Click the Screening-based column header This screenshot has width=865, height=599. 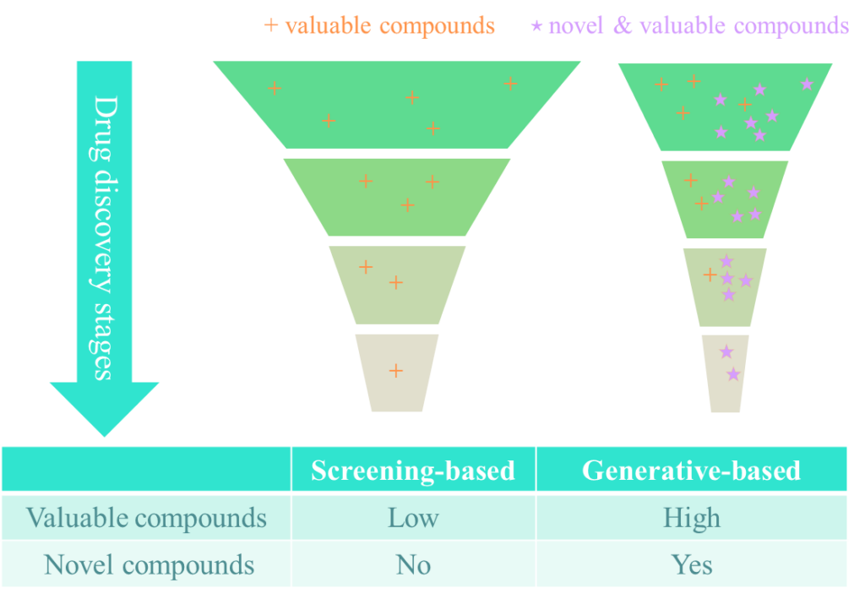pyautogui.click(x=413, y=470)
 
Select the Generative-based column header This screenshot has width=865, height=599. pyautogui.click(x=691, y=470)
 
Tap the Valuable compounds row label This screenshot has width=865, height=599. pyautogui.click(x=146, y=517)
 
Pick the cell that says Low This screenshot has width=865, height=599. pyautogui.click(x=413, y=517)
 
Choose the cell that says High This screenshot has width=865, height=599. pyautogui.click(x=691, y=517)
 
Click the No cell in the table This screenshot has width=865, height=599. pyautogui.click(x=413, y=564)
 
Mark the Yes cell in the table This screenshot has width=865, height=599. pyautogui.click(x=691, y=564)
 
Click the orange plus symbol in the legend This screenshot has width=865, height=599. pyautogui.click(x=271, y=25)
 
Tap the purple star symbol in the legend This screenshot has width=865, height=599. pyautogui.click(x=536, y=26)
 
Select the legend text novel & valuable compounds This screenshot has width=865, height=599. pyautogui.click(x=699, y=25)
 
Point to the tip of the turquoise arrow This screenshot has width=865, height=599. pyautogui.click(x=104, y=434)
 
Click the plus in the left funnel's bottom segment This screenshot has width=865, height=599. pyautogui.click(x=395, y=370)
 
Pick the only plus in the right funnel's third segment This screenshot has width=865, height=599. pyautogui.click(x=710, y=275)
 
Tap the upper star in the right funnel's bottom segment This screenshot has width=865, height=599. pyautogui.click(x=726, y=351)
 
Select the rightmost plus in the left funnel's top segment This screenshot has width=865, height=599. pyautogui.click(x=510, y=83)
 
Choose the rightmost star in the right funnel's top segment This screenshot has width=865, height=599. pyautogui.click(x=807, y=84)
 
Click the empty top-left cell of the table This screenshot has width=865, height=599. pyautogui.click(x=146, y=470)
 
